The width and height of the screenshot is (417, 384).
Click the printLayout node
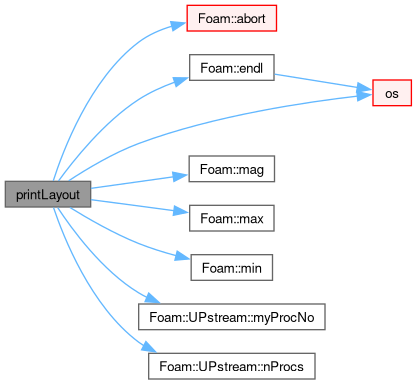pos(48,194)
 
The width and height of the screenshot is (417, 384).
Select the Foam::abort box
pos(232,18)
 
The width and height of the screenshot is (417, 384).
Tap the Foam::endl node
pos(232,68)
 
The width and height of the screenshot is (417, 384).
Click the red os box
pos(392,93)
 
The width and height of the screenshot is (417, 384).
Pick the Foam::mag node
pos(232,169)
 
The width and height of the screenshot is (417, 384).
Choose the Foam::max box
pos(232,218)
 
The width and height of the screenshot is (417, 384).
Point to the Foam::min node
pos(232,268)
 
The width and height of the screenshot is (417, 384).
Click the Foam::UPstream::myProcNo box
pos(232,317)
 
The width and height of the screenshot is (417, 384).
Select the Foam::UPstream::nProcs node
pos(232,366)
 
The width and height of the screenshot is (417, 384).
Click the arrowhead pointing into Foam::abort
pos(178,25)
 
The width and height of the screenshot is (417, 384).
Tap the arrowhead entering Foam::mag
pos(181,175)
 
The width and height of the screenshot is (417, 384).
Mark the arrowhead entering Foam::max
pos(181,211)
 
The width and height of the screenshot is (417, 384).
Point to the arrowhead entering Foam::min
pos(183,256)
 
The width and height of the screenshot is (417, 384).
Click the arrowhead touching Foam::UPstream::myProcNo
pos(153,298)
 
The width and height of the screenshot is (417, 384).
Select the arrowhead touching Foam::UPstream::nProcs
pos(149,347)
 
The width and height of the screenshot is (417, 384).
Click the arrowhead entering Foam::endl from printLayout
pos(181,81)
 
